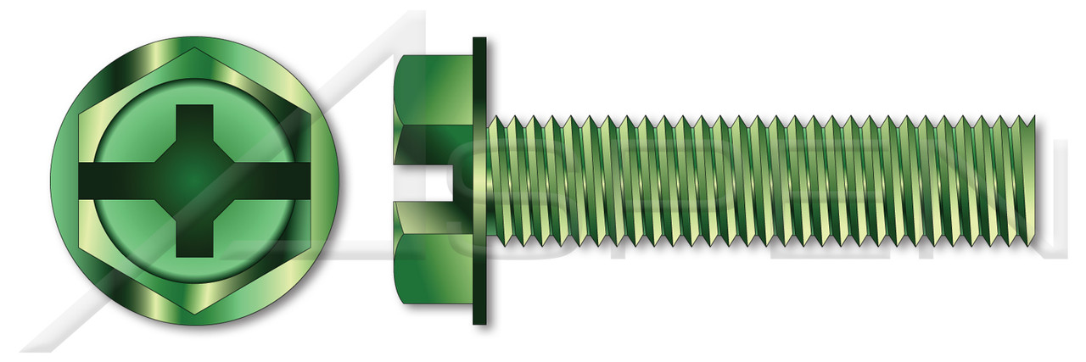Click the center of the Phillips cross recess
tap(194, 181)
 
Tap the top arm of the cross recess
tap(194, 123)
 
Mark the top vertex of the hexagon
tap(194, 48)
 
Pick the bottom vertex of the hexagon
tap(194, 313)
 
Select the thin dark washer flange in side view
tap(479, 181)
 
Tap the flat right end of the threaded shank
tap(1033, 181)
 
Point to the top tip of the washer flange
tap(479, 40)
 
